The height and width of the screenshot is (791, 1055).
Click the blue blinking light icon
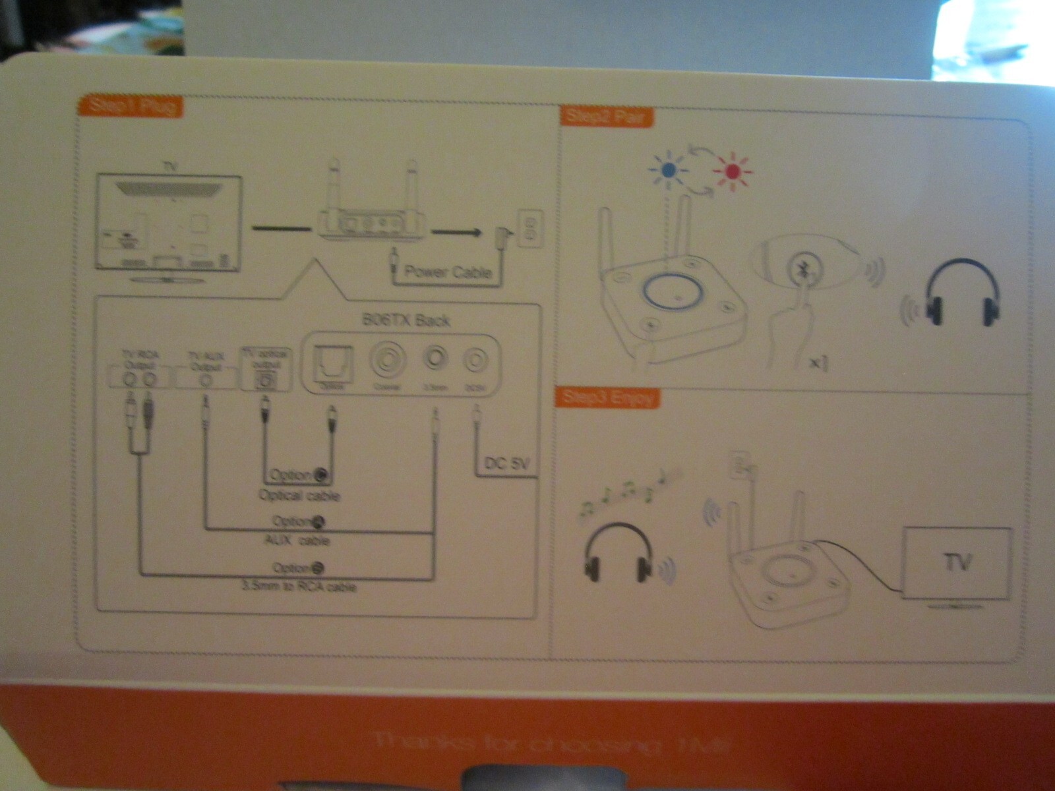[668, 169]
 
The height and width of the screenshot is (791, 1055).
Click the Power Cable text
[448, 272]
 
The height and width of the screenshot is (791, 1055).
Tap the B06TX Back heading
[406, 320]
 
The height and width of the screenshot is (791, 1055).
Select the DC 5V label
[506, 463]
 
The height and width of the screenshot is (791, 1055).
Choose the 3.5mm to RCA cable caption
[299, 586]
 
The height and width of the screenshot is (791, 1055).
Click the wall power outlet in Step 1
[529, 229]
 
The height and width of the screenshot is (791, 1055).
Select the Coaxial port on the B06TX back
[385, 361]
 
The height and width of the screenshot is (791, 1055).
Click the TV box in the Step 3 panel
[957, 564]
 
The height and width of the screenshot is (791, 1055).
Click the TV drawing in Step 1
[169, 224]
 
